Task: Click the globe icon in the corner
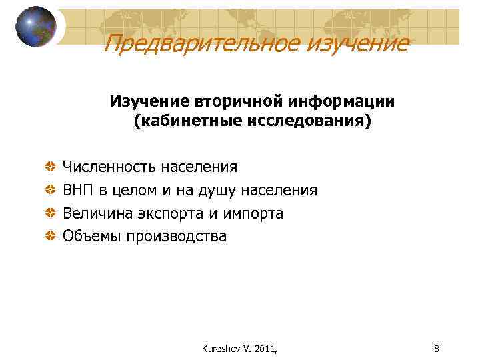pyautogui.click(x=36, y=27)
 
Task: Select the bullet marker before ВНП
pyautogui.click(x=51, y=190)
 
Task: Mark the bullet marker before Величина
pyautogui.click(x=51, y=213)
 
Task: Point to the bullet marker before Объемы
pyautogui.click(x=51, y=236)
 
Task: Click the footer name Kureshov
pyautogui.click(x=219, y=347)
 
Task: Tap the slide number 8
pyautogui.click(x=436, y=347)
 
